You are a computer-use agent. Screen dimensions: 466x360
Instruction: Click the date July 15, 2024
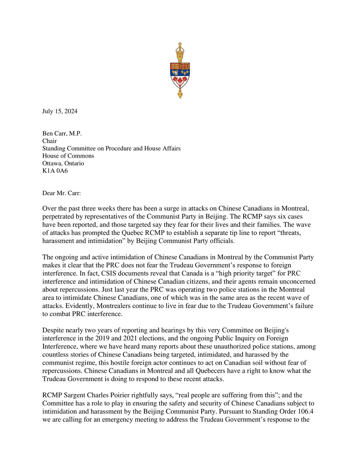point(60,111)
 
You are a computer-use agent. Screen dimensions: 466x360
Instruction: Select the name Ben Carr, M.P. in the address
point(62,134)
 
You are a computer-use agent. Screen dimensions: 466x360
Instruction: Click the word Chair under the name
point(49,141)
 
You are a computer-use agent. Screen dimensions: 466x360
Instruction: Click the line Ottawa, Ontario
point(63,163)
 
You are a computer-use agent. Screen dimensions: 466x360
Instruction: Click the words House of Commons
point(68,156)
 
